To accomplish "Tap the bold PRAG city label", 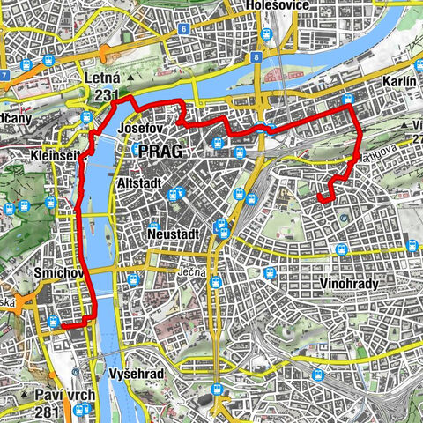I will (x=160, y=151).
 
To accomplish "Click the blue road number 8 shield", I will (x=255, y=58).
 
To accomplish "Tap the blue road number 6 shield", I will (x=183, y=28).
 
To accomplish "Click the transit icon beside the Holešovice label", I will (x=266, y=33).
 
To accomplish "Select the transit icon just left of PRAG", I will (x=137, y=151).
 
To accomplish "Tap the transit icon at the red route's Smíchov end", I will (x=54, y=323).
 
